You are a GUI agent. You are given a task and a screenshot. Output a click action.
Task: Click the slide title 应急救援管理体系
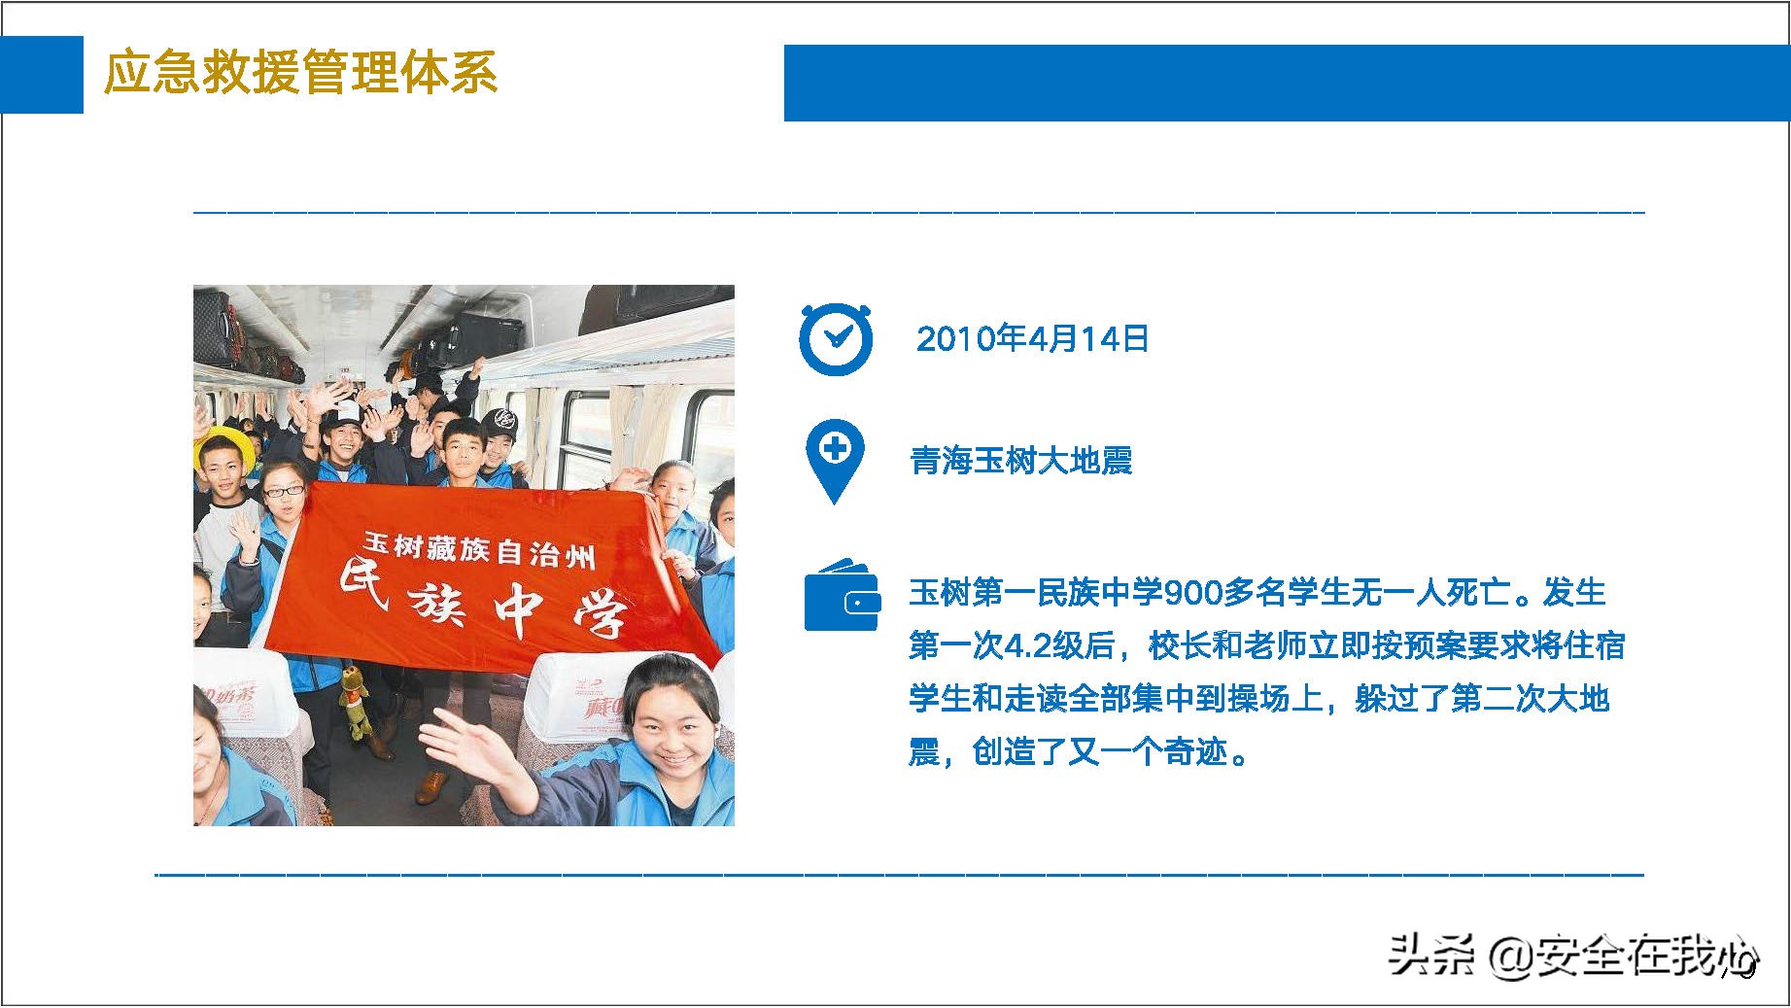(x=300, y=73)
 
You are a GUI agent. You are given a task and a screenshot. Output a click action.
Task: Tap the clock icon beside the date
(x=835, y=339)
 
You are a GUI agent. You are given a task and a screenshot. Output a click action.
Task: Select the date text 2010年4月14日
(x=1033, y=338)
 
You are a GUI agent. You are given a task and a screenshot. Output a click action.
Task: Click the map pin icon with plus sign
(x=834, y=461)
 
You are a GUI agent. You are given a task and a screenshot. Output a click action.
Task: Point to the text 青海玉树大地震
(x=1021, y=460)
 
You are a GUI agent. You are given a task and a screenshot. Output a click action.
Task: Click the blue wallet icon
(x=842, y=596)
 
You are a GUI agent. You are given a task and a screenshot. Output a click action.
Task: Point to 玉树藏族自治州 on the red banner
(x=478, y=548)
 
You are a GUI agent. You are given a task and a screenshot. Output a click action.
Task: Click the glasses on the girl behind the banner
(x=283, y=491)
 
